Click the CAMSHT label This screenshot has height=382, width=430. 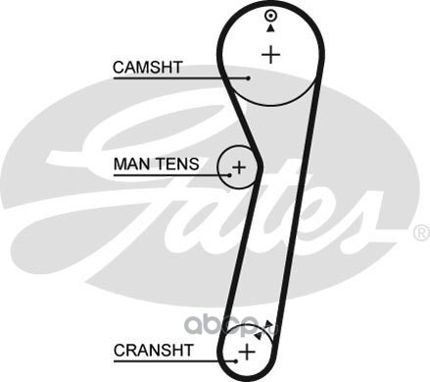point(147,68)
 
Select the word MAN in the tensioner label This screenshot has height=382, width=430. point(129,164)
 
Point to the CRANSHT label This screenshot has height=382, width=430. point(153,351)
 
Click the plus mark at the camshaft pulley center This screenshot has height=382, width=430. point(271,55)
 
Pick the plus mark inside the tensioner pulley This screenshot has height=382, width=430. point(239,167)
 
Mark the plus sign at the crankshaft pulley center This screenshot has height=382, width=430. point(247,352)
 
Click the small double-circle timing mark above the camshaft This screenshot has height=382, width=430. point(270,16)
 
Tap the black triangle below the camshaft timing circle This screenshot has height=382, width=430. point(270,28)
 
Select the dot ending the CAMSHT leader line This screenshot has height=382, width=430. point(249,78)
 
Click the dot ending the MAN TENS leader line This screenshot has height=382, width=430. point(230,175)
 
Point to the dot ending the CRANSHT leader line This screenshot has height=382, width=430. point(236,361)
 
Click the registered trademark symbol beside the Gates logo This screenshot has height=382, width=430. point(421,233)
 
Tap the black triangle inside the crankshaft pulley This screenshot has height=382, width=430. point(259,335)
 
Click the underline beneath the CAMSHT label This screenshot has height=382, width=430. point(181,78)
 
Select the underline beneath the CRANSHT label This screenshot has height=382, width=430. point(174,361)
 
